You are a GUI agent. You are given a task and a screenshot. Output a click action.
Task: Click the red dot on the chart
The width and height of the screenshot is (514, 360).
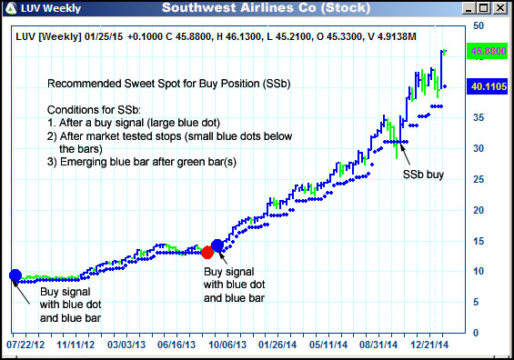click(x=207, y=251)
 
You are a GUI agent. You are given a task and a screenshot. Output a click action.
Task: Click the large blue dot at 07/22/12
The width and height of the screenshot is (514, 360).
click(x=15, y=275)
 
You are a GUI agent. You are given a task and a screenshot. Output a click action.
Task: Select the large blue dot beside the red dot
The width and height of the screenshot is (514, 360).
click(x=217, y=245)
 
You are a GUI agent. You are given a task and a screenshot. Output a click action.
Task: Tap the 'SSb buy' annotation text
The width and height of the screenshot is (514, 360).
click(x=423, y=175)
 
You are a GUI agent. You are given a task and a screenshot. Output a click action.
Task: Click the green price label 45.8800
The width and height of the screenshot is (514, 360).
click(x=489, y=53)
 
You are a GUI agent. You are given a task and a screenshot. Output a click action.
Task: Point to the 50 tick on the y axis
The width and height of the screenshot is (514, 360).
click(x=479, y=26)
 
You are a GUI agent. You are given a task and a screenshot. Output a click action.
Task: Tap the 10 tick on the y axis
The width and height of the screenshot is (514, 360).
click(x=479, y=271)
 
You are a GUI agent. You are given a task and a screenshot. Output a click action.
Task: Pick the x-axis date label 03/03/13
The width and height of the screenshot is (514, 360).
click(x=126, y=345)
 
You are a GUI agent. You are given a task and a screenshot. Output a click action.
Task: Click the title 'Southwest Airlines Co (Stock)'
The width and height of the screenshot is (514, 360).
click(x=254, y=8)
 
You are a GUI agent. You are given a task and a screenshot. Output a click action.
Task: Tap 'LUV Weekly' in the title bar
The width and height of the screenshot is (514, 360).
click(x=42, y=8)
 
